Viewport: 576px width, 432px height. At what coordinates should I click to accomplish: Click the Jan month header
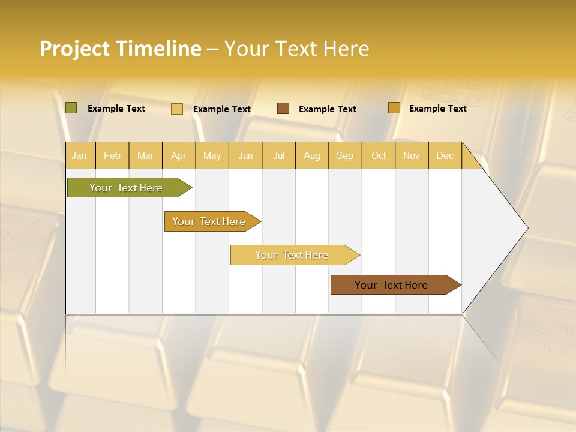click(x=79, y=155)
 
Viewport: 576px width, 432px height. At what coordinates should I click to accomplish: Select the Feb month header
click(x=112, y=155)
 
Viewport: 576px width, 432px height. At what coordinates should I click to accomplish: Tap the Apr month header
click(x=178, y=155)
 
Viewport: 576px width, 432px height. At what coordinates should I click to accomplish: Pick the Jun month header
click(x=245, y=155)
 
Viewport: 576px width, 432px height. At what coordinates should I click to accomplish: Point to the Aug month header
click(x=311, y=155)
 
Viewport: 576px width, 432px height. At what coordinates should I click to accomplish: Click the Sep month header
click(x=344, y=155)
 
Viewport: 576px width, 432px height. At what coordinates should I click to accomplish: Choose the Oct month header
click(x=379, y=155)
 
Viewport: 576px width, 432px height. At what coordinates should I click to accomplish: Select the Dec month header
click(x=445, y=155)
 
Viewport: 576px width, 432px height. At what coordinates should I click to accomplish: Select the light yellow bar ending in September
click(x=292, y=255)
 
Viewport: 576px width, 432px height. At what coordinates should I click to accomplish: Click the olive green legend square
click(x=71, y=108)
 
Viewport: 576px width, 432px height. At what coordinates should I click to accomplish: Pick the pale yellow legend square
click(x=176, y=109)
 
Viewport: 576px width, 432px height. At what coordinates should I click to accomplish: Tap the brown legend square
click(x=283, y=109)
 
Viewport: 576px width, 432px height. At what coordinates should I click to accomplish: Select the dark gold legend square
click(x=394, y=108)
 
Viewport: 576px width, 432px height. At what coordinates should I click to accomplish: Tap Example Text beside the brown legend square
click(x=327, y=109)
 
